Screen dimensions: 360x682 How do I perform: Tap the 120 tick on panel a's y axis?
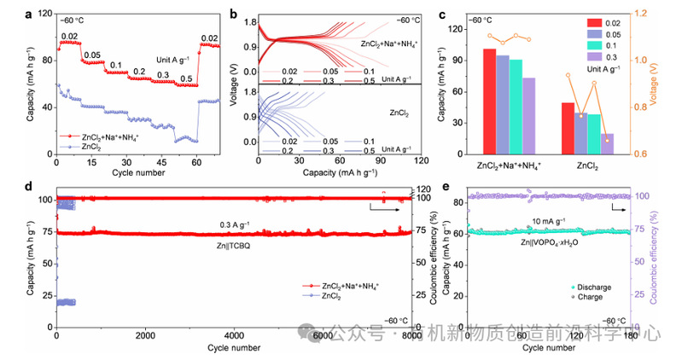[x=45, y=15]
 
